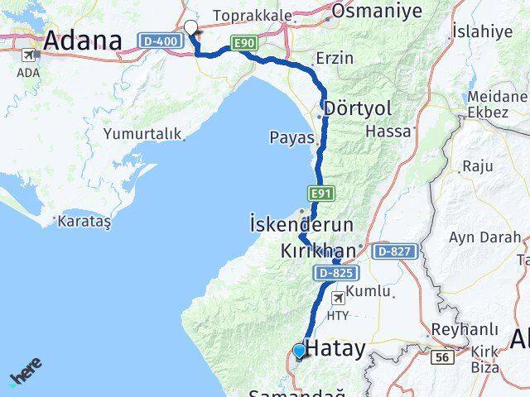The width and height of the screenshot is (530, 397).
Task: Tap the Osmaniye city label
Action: pos(376,11)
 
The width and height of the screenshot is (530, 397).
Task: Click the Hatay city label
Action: pos(335,349)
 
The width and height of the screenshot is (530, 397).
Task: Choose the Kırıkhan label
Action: pos(319,250)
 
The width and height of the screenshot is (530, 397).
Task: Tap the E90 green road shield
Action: pos(245,43)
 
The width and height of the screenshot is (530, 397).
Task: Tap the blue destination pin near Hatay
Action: pos(299,351)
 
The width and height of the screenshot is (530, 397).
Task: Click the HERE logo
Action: pos(26,373)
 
